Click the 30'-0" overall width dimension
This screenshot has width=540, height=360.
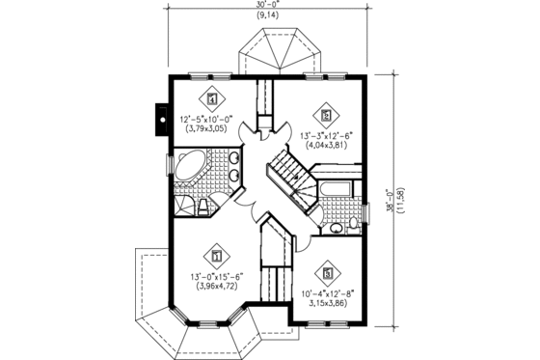(269, 6)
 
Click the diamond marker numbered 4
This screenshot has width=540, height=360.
(211, 97)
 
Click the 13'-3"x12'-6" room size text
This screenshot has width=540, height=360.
(328, 136)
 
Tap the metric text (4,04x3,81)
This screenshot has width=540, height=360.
(328, 147)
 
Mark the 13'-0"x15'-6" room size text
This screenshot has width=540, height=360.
(215, 276)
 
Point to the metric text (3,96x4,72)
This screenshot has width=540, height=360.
(215, 287)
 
